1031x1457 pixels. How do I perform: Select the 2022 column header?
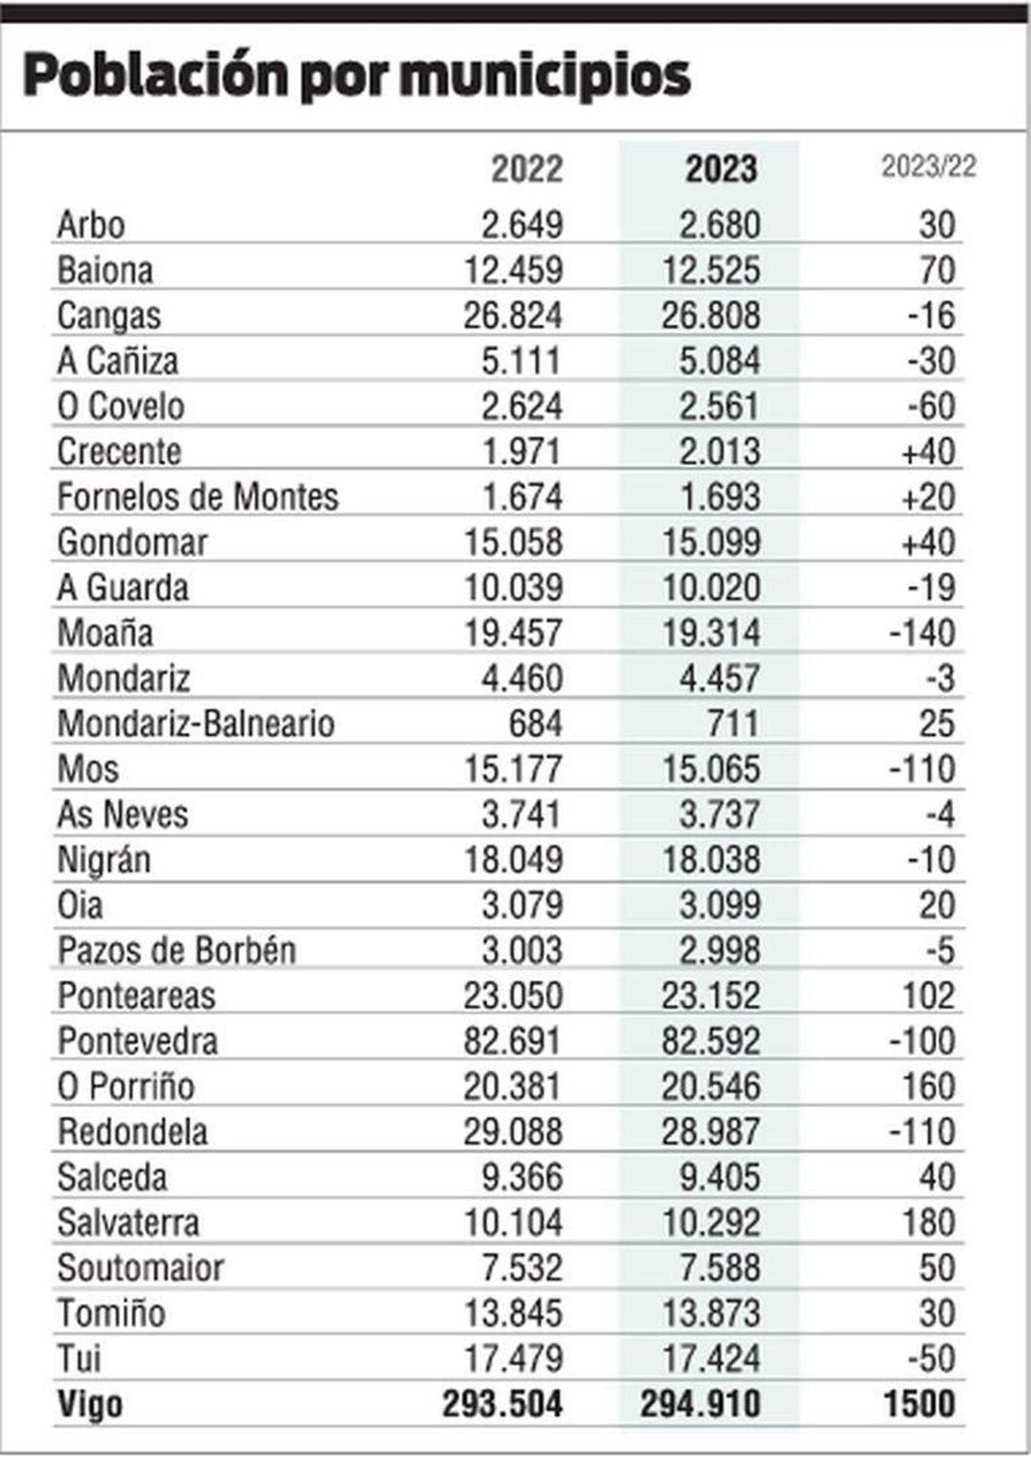pos(526,169)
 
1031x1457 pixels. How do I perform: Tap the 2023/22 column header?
pos(929,167)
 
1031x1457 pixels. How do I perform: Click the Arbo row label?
pos(91,225)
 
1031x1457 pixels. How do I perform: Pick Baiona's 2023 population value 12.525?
pos(711,271)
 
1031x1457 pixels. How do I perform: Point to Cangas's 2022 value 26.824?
pos(513,316)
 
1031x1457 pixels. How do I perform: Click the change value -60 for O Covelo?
pos(931,406)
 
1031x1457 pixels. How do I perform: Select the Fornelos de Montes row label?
pos(198,497)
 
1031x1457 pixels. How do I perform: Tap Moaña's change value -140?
pos(922,633)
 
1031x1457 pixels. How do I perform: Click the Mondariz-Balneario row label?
pos(196,724)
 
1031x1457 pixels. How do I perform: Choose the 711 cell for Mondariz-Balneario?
pos(733,724)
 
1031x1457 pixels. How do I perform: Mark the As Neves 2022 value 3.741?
pos(521,815)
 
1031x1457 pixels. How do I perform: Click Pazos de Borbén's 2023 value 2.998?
pos(720,951)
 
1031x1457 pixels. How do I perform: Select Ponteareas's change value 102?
pos(928,996)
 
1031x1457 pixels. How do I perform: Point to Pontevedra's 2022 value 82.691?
pos(513,1042)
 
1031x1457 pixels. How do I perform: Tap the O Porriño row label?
pos(126,1087)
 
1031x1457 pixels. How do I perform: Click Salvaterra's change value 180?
pos(928,1223)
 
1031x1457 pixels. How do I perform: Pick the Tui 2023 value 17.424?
pos(711,1359)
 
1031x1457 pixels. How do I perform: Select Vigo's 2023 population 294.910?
pos(700,1405)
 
